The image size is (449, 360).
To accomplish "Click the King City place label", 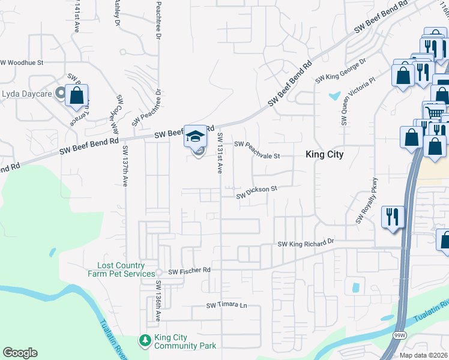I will (324, 154).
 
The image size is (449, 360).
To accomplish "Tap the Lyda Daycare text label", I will (26, 93).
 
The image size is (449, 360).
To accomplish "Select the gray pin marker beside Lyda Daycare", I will (60, 93).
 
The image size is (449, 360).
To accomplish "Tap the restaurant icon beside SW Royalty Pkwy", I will (393, 217).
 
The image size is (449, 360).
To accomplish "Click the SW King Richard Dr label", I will (305, 244).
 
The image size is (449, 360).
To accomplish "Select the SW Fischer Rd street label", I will (189, 271).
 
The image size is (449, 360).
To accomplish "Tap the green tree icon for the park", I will (145, 341).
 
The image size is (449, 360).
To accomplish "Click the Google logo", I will (20, 353).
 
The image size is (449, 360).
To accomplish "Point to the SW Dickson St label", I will (256, 192).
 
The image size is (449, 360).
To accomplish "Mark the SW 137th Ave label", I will (125, 166).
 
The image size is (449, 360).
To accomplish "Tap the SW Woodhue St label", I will (22, 62).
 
